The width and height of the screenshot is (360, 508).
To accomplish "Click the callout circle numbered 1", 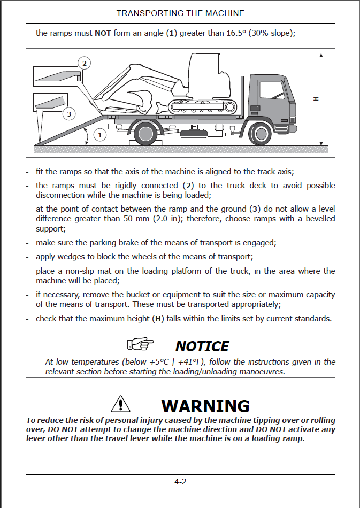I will pos(99,135).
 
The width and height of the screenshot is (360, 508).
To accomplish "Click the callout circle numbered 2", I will pos(84,64).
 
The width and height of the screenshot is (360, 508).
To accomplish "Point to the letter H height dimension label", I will pos(316,98).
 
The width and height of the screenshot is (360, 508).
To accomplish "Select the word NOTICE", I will pos(202,347).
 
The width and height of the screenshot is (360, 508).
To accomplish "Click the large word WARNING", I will pos(205,406).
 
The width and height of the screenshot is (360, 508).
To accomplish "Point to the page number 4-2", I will pos(180,482).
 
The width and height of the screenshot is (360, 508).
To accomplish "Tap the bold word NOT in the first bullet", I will pos(103,33).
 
